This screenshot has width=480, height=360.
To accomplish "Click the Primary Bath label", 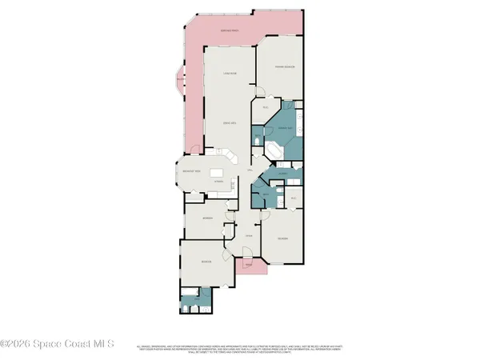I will point(284,128).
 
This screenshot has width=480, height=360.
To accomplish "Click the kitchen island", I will point(218,173).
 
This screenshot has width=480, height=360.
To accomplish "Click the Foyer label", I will point(249,236).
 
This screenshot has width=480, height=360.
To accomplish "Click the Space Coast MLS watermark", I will point(58,345).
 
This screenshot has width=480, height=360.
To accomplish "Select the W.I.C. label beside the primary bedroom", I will point(266,106).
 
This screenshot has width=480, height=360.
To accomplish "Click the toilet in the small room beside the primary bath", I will point(258,141).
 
